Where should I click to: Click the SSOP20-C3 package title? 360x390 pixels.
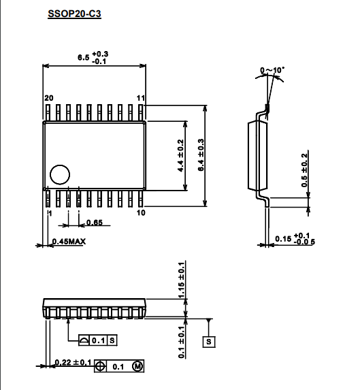pyautogui.click(x=74, y=14)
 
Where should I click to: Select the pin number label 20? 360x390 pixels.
pyautogui.click(x=49, y=98)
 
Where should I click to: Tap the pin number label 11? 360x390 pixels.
pyautogui.click(x=141, y=98)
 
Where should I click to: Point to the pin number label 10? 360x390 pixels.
pyautogui.click(x=141, y=212)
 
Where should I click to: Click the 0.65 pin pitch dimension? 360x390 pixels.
pyautogui.click(x=95, y=223)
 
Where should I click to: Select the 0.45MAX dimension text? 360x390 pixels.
pyautogui.click(x=69, y=241)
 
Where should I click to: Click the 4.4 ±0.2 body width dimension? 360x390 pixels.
pyautogui.click(x=181, y=155)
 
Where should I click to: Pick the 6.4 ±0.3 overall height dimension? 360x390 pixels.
pyautogui.click(x=201, y=155)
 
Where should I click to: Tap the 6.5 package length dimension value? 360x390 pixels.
pyautogui.click(x=84, y=57)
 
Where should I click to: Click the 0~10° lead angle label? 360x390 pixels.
pyautogui.click(x=272, y=70)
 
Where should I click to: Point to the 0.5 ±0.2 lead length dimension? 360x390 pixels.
pyautogui.click(x=304, y=170)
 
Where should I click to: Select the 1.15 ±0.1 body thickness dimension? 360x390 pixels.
pyautogui.click(x=182, y=280)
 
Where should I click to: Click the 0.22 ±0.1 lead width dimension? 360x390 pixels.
pyautogui.click(x=73, y=362)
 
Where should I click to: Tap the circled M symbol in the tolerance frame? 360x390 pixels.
pyautogui.click(x=137, y=366)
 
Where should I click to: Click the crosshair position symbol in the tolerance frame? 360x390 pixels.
pyautogui.click(x=100, y=366)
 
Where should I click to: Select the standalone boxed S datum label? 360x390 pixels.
pyautogui.click(x=209, y=342)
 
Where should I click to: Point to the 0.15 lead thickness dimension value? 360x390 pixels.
pyautogui.click(x=283, y=239)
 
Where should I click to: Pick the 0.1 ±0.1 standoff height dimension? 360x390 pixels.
pyautogui.click(x=182, y=342)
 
